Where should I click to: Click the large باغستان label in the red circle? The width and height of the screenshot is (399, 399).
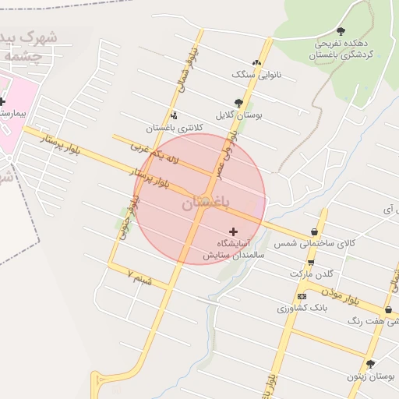pyautogui.click(x=206, y=203)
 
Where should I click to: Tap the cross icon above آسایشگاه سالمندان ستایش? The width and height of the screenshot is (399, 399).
pyautogui.click(x=233, y=231)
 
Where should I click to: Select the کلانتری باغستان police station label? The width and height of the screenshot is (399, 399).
pyautogui.click(x=174, y=127)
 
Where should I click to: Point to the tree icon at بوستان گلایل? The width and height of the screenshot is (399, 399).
pyautogui.click(x=238, y=102)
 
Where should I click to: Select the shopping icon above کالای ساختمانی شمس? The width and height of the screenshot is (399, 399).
pyautogui.click(x=313, y=231)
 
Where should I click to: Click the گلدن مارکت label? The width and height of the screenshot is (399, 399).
pyautogui.click(x=311, y=274)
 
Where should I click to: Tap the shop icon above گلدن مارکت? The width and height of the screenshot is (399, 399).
pyautogui.click(x=311, y=262)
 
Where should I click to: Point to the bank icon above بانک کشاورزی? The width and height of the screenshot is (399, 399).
pyautogui.click(x=302, y=296)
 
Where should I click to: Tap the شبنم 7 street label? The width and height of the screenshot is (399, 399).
pyautogui.click(x=140, y=275)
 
